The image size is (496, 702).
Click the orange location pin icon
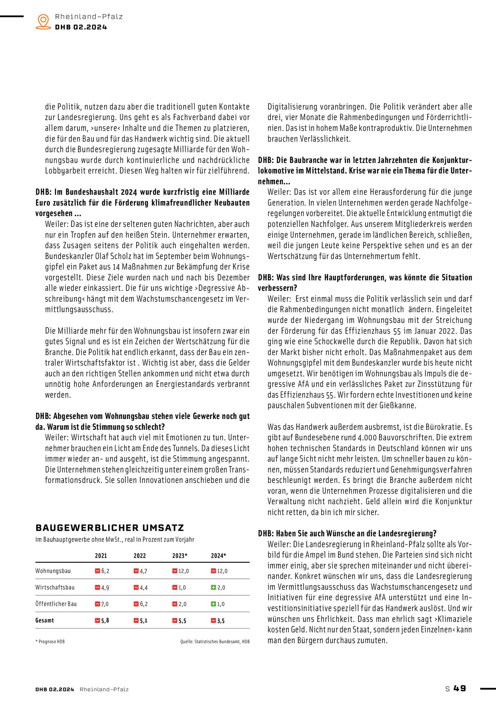click(x=43, y=21)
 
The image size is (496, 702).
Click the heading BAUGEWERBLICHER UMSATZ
click(x=110, y=528)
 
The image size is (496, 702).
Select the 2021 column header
click(x=101, y=556)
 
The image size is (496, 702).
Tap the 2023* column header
click(x=180, y=556)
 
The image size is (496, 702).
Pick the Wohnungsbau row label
click(x=53, y=571)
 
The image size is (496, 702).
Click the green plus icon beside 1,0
click(x=213, y=604)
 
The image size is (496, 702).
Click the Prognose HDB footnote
click(x=50, y=641)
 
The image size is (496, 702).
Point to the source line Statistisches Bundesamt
click(x=215, y=641)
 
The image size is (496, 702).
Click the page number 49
click(x=460, y=688)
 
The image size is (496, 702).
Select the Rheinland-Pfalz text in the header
click(x=89, y=16)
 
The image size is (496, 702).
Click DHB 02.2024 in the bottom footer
click(x=55, y=689)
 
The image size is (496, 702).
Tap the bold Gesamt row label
click(x=45, y=620)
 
